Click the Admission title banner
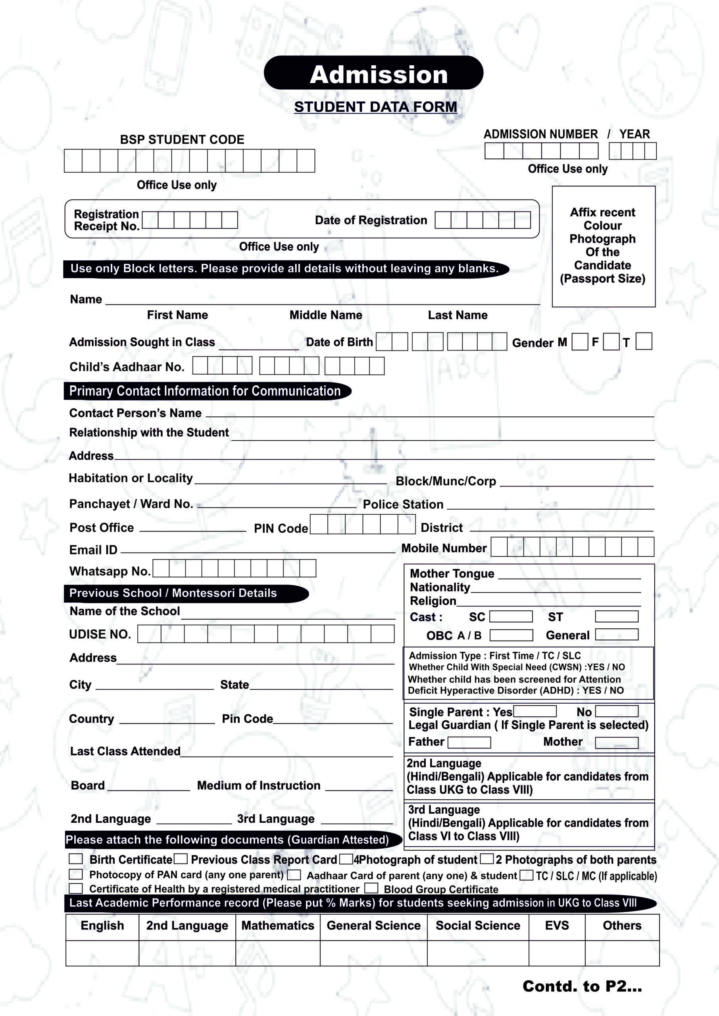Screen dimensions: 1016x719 373,73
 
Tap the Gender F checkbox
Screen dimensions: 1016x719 611,342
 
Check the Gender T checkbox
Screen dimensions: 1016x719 643,341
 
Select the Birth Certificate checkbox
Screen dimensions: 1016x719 76,859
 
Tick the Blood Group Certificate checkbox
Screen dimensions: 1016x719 371,888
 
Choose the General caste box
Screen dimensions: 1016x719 616,634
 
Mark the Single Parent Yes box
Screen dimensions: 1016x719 534,711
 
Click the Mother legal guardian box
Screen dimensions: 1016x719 616,743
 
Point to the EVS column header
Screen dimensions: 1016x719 557,925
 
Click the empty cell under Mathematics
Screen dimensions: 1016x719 278,952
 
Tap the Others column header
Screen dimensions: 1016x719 622,925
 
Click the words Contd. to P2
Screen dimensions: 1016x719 582,986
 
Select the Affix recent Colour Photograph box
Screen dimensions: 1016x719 603,246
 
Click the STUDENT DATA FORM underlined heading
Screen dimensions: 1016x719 375,107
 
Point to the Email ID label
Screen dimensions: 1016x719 93,550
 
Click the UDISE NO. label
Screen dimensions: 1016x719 100,634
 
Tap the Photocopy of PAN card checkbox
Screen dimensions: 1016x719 76,874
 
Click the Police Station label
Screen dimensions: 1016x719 403,504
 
